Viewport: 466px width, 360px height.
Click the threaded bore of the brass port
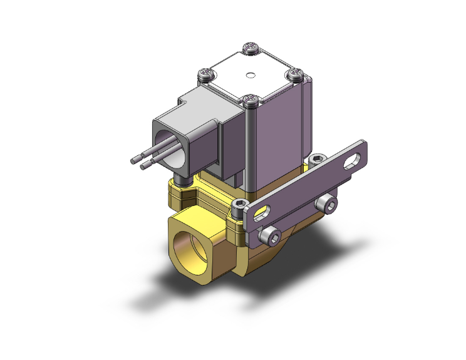[x=192, y=246]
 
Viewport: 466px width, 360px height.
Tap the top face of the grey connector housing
[x=207, y=103]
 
